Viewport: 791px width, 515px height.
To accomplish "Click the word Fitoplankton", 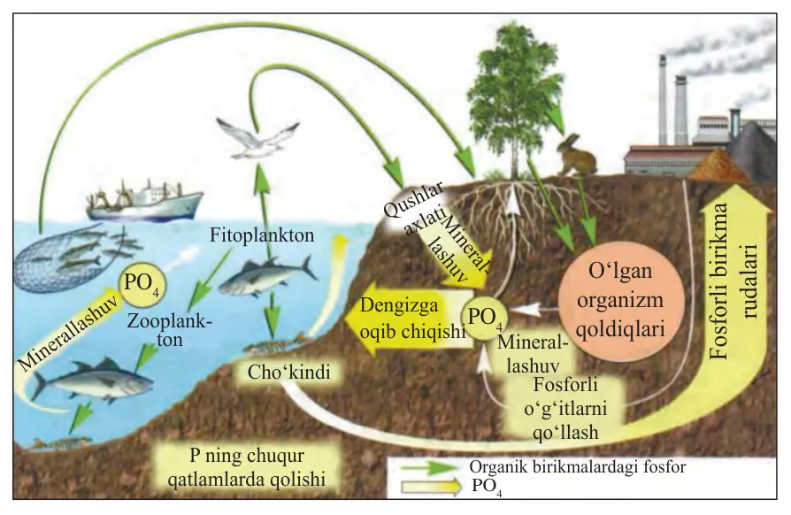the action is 262,235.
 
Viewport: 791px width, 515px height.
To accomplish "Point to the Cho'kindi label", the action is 288,373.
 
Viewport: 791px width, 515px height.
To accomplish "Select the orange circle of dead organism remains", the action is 620,300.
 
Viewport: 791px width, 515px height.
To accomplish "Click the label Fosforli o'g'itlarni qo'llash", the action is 565,409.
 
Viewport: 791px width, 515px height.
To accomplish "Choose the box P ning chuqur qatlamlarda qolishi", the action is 247,466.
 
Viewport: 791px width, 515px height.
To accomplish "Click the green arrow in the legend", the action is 430,466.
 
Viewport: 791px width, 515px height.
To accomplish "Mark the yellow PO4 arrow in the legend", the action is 431,487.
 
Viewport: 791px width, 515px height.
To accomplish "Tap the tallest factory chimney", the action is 662,100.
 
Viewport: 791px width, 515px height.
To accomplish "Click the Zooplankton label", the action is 169,330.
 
